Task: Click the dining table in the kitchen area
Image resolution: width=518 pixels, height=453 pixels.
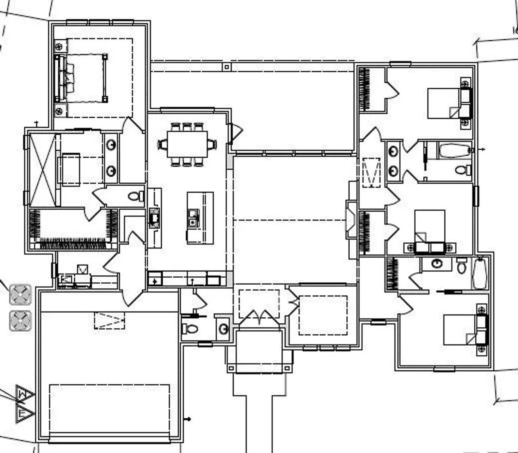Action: [187, 144]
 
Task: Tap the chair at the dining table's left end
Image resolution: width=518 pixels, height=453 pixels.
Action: [162, 144]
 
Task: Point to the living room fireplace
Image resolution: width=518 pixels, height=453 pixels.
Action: [350, 220]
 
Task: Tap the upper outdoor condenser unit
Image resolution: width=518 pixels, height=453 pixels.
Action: [21, 294]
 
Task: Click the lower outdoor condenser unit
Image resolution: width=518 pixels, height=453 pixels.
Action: [21, 321]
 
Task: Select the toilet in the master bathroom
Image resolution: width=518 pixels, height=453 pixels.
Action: [135, 197]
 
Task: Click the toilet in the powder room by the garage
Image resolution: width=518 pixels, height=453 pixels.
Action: [190, 329]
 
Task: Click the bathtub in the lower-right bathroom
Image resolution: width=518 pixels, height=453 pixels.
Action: [480, 273]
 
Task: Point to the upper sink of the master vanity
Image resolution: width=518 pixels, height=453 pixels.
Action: [111, 145]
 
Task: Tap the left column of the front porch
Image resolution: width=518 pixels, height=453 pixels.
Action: [231, 368]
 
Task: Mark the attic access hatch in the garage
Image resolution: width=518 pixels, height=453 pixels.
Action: [110, 320]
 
